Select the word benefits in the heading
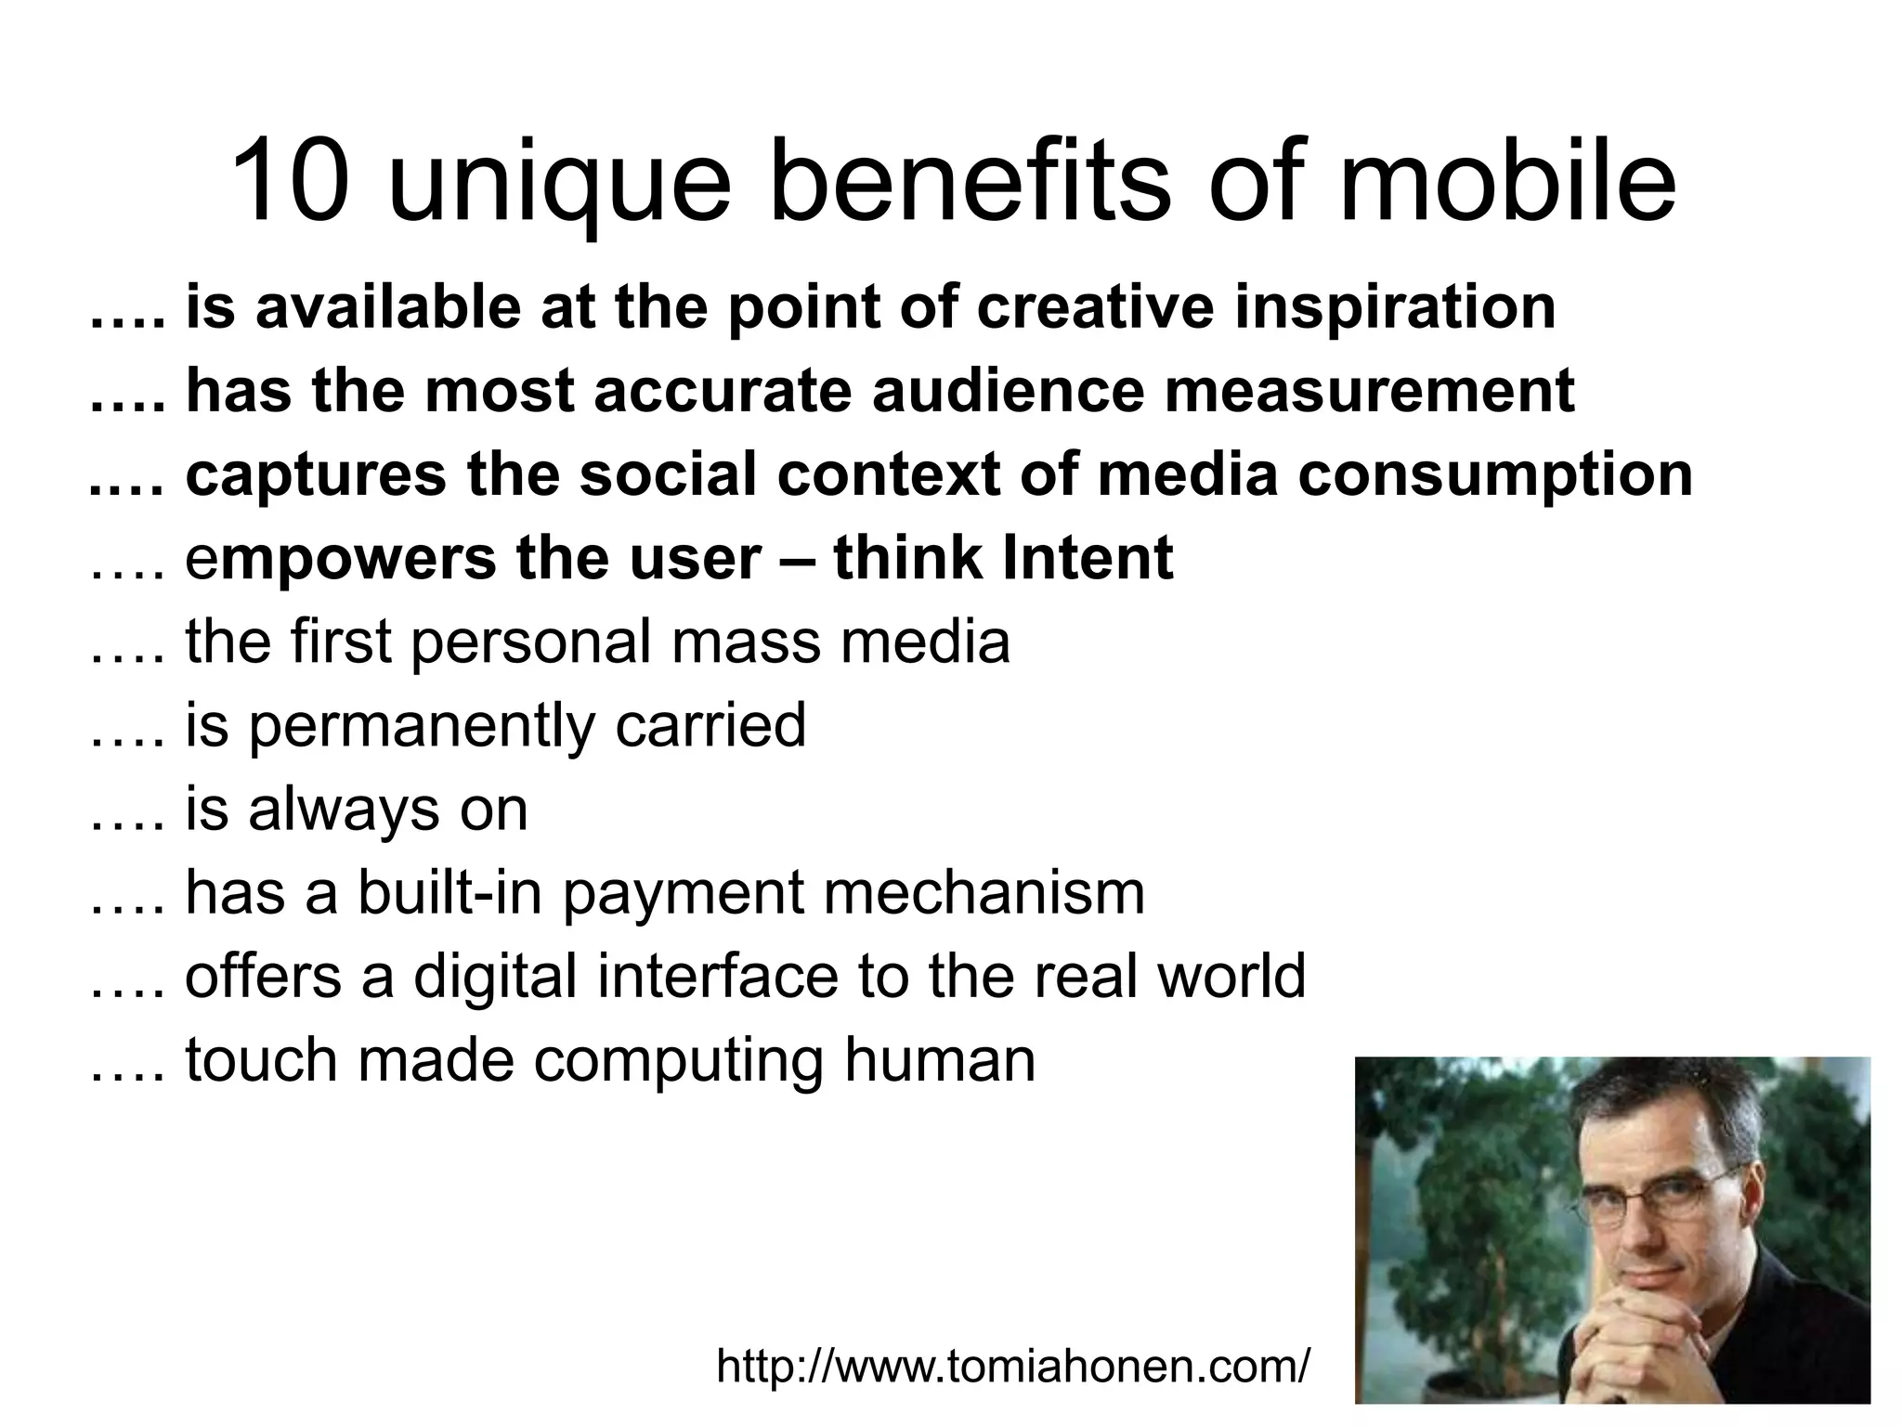tap(971, 182)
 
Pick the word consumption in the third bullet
tap(1494, 474)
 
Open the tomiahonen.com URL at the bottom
tap(1013, 1366)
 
